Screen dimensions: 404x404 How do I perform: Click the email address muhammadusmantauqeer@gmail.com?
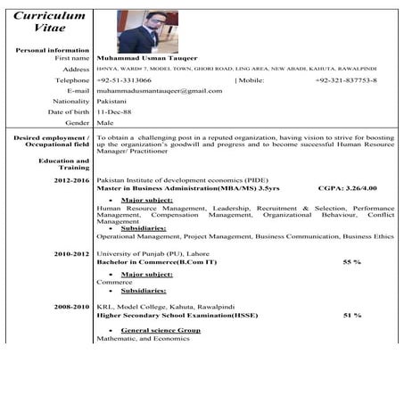click(x=160, y=90)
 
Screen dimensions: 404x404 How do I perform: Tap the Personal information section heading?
click(x=53, y=50)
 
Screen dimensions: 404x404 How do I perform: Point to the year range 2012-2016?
click(x=71, y=179)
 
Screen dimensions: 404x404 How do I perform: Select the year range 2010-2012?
click(x=71, y=254)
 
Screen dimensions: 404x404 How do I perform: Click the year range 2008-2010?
click(x=71, y=306)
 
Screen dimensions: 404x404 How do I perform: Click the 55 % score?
click(x=351, y=262)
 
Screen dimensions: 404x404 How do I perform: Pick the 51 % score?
click(x=351, y=315)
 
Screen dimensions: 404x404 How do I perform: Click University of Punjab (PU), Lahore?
click(x=153, y=254)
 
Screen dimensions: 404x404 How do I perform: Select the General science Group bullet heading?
click(x=160, y=330)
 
